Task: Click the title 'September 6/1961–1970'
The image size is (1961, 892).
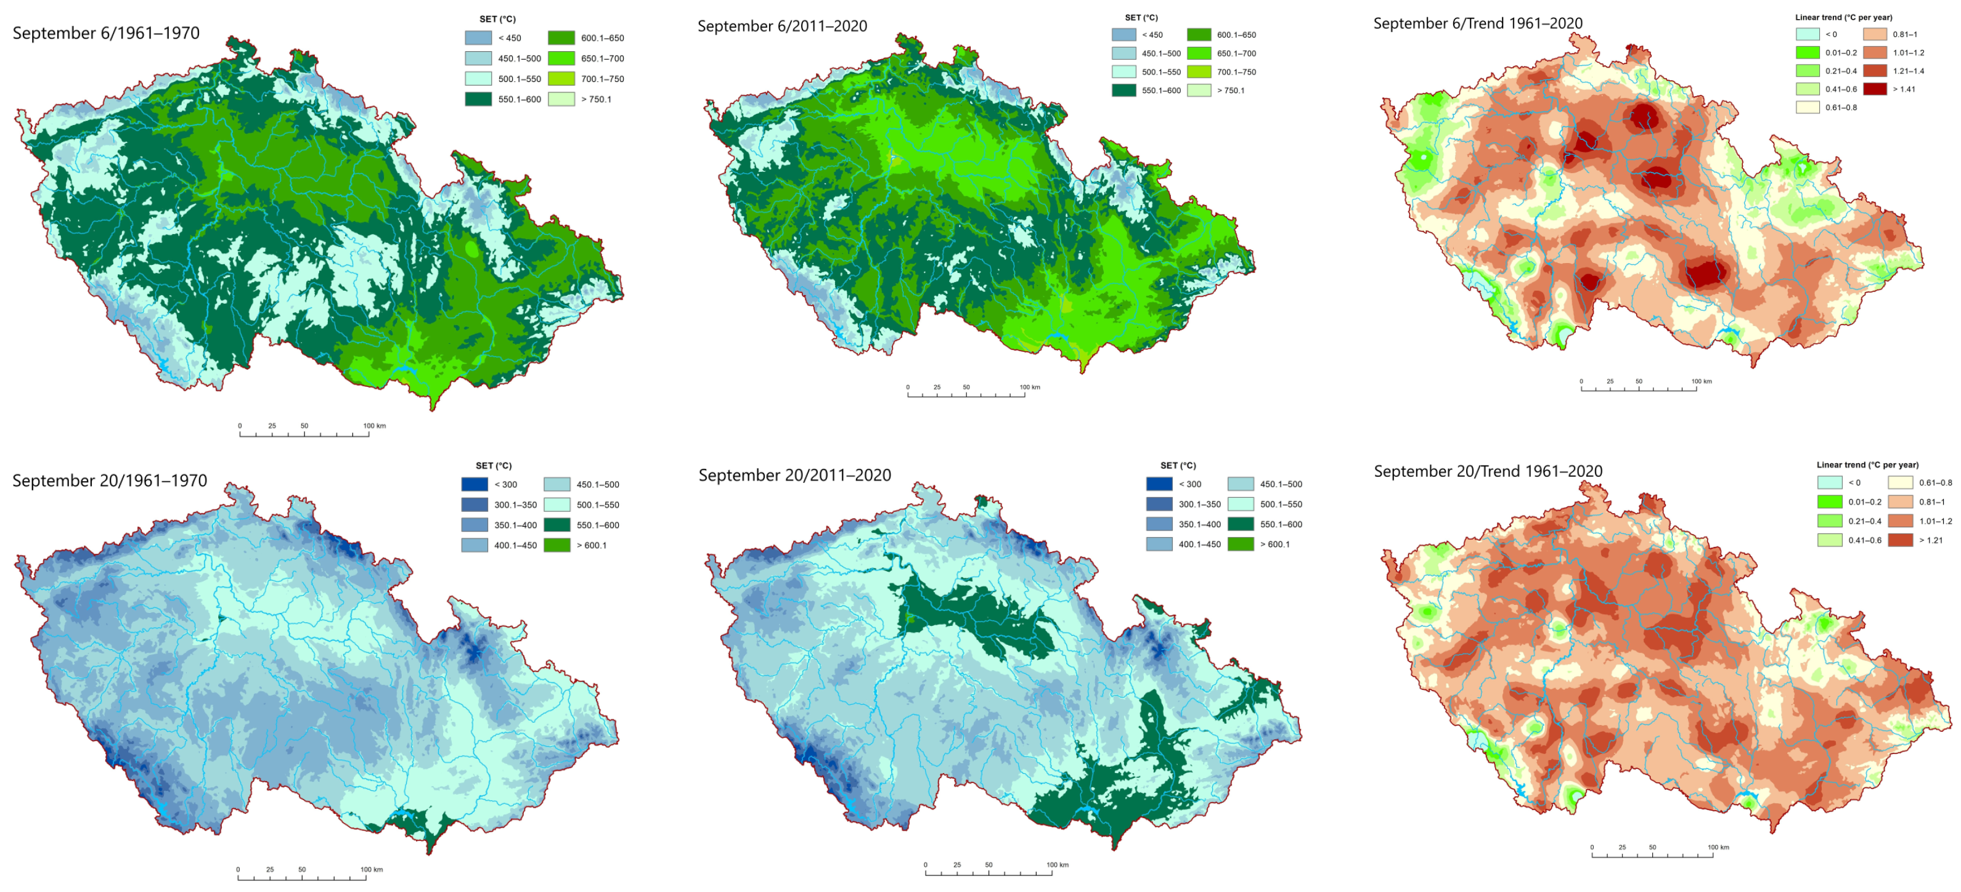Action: click(x=106, y=33)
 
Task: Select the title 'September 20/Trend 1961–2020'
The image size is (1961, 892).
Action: click(x=1488, y=472)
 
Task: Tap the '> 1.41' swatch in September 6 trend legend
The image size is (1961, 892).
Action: click(x=1875, y=89)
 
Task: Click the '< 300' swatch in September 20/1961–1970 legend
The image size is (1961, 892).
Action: click(x=475, y=485)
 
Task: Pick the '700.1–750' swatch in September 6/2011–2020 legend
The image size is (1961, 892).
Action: click(x=1199, y=72)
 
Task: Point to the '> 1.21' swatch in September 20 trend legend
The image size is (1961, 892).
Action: click(x=1900, y=540)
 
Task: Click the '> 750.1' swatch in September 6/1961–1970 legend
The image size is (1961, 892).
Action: click(x=561, y=100)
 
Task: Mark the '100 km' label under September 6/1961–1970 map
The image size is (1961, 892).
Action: click(x=374, y=426)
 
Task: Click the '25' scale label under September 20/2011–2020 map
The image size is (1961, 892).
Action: click(x=957, y=866)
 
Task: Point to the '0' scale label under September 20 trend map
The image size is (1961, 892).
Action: click(x=1592, y=848)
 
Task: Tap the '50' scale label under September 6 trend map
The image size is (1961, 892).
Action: click(x=1639, y=382)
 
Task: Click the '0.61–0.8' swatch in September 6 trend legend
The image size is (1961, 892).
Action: click(x=1808, y=107)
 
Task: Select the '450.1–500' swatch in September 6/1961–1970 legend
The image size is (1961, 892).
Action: click(x=478, y=59)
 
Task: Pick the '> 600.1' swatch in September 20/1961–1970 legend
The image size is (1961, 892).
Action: click(x=556, y=546)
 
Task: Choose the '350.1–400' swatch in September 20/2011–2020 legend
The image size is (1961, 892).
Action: click(x=1159, y=524)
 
